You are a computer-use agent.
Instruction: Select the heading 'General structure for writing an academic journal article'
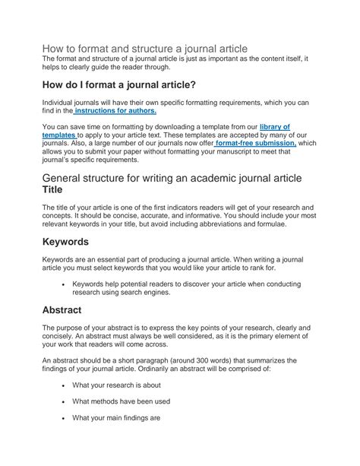172,177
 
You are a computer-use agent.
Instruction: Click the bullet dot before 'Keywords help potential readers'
62,283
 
